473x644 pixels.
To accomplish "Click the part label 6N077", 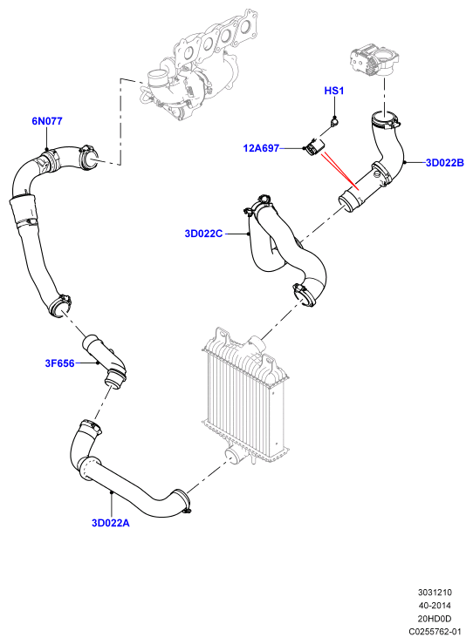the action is [x=47, y=121].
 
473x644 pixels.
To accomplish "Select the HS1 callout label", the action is [x=334, y=91].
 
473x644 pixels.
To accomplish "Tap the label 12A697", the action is [x=261, y=148].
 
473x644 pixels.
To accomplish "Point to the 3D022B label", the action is [x=444, y=163].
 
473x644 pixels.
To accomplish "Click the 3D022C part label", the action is [x=203, y=234].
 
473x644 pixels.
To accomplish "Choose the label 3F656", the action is [x=59, y=363].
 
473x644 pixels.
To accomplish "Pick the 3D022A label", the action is [x=111, y=523].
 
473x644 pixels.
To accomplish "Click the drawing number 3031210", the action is [x=435, y=593].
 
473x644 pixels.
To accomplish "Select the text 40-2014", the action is [x=435, y=606].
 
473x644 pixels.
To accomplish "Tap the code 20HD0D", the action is [x=435, y=619].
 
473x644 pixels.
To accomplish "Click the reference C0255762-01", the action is [x=435, y=632].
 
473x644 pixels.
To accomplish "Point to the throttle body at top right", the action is [x=374, y=60].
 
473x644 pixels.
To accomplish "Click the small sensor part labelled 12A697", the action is [x=314, y=147].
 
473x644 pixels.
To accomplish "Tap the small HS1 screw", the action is [x=335, y=121].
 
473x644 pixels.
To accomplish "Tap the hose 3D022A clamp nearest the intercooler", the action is [x=182, y=501].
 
